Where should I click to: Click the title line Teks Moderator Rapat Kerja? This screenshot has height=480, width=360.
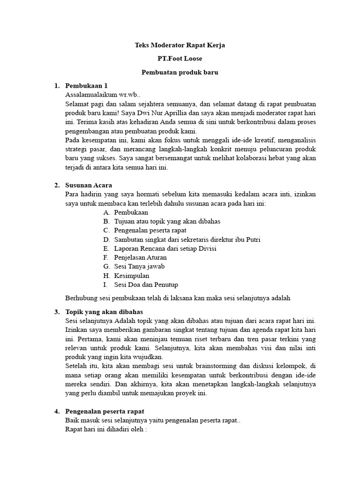point(180,45)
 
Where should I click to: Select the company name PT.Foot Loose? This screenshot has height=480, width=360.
point(180,59)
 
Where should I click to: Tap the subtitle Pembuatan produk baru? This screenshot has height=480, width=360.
point(180,73)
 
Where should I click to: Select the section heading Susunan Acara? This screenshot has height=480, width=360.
point(89,185)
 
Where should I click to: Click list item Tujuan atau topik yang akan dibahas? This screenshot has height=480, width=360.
point(167,221)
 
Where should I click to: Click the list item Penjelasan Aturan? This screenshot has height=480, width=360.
point(140,257)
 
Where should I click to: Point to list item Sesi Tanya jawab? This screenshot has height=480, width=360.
point(139,266)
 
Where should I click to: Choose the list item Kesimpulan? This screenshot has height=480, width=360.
point(131,276)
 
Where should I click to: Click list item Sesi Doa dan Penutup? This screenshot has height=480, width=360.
point(146,285)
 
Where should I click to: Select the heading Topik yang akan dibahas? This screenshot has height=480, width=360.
point(104,312)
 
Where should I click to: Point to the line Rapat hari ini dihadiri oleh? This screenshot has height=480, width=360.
point(106,429)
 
